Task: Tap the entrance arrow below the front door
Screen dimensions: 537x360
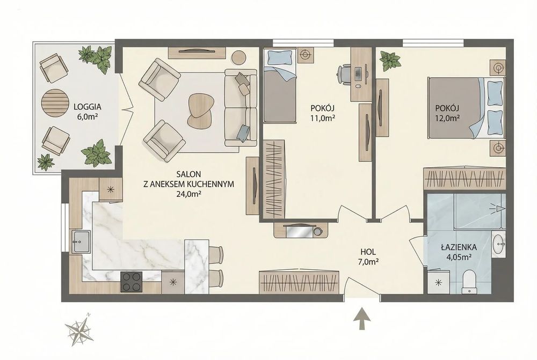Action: pyautogui.click(x=362, y=319)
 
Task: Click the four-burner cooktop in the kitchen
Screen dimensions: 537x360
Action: pyautogui.click(x=131, y=282)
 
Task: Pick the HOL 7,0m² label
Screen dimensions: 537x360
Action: pyautogui.click(x=368, y=257)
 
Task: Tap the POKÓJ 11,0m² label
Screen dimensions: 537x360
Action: pyautogui.click(x=322, y=113)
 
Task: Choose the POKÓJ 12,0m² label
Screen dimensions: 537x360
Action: pyautogui.click(x=447, y=113)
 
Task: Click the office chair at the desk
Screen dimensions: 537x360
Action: pyautogui.click(x=345, y=72)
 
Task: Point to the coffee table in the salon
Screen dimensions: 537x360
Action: pyautogui.click(x=200, y=110)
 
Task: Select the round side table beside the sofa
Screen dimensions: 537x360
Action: pyautogui.click(x=239, y=57)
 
